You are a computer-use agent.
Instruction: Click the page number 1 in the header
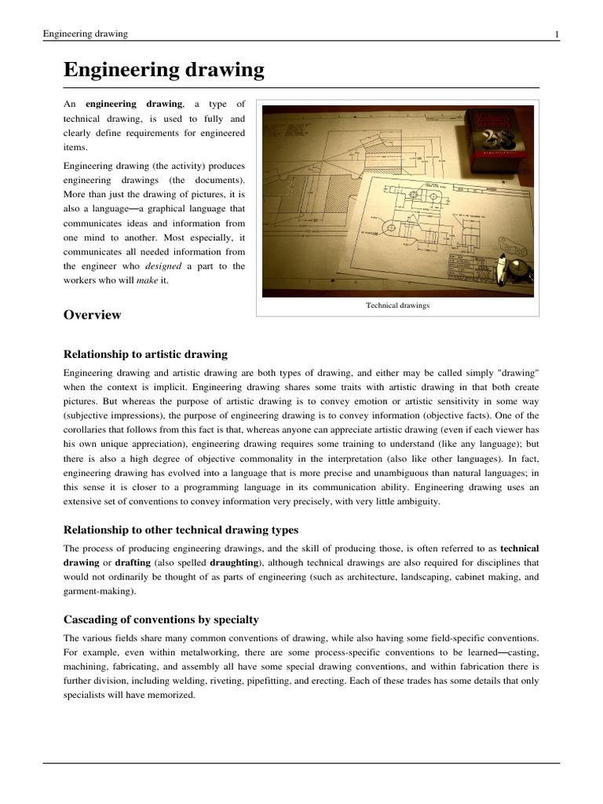click(x=557, y=34)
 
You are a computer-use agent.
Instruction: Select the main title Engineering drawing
click(x=163, y=71)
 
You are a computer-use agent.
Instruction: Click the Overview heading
click(x=92, y=315)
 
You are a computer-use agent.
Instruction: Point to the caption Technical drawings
click(x=397, y=305)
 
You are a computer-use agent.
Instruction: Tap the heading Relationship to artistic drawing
click(x=145, y=354)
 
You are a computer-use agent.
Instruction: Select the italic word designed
click(x=164, y=266)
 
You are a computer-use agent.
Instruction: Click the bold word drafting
click(x=136, y=562)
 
